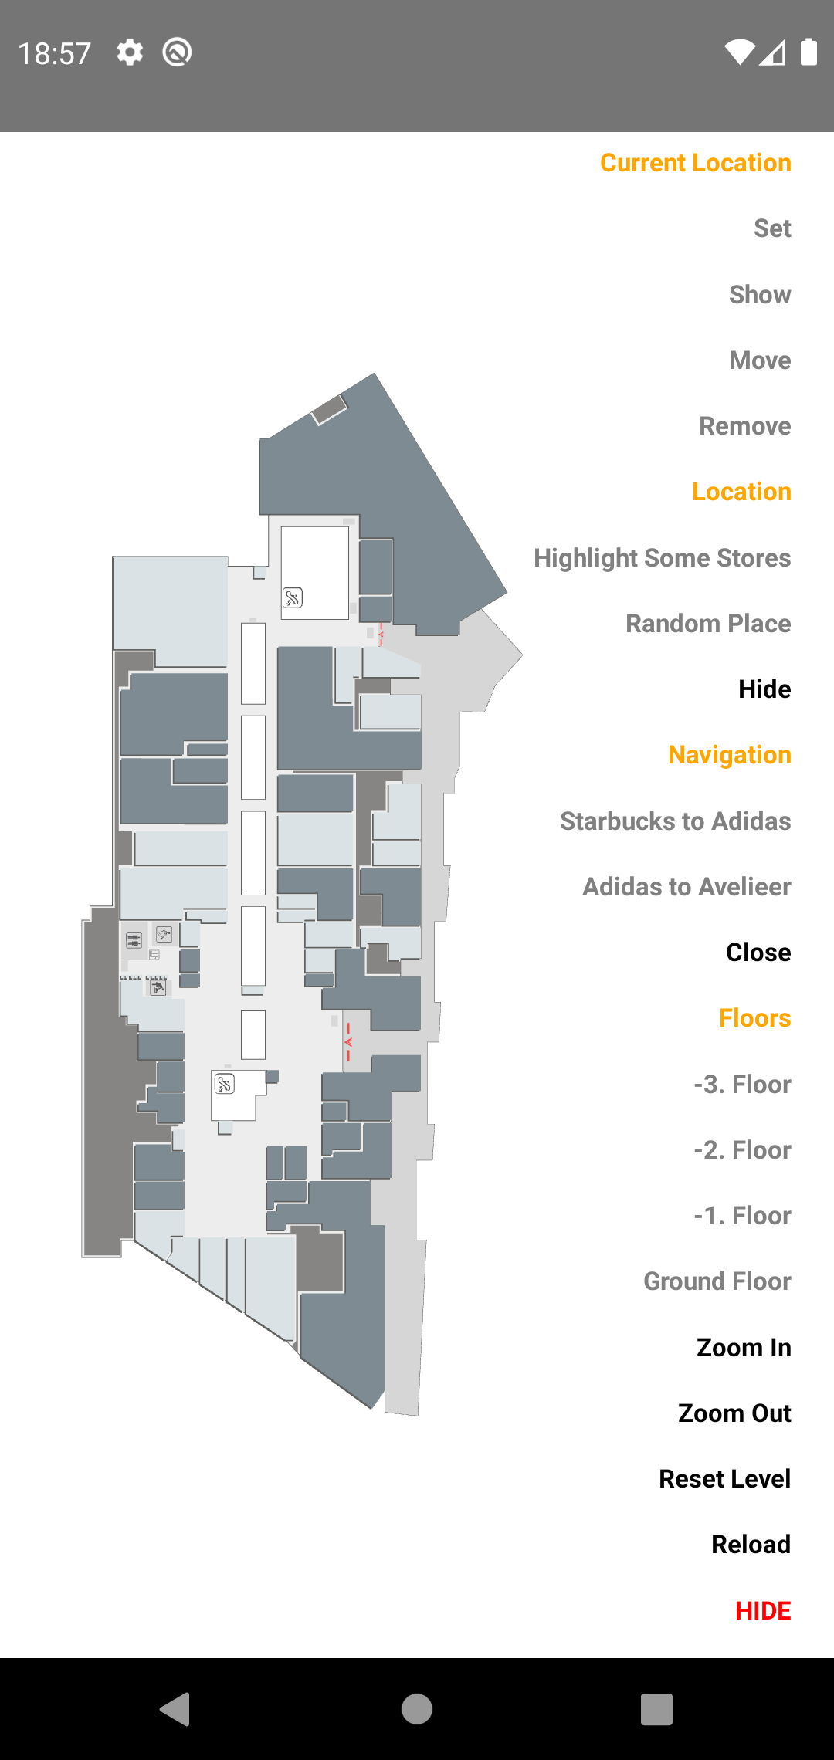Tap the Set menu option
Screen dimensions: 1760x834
point(772,228)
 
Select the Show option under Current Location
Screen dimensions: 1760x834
point(760,295)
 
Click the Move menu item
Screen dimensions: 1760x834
point(760,360)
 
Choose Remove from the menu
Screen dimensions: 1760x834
point(744,426)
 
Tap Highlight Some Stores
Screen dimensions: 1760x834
point(662,558)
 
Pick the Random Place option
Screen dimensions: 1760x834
point(707,624)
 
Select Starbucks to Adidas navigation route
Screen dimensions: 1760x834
point(675,821)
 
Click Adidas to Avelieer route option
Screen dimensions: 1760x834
point(687,887)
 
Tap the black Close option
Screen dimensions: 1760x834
point(758,953)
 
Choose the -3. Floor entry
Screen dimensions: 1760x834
point(742,1085)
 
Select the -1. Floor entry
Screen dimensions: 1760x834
point(742,1216)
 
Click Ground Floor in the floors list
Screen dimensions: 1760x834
point(717,1281)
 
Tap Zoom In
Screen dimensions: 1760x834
point(743,1348)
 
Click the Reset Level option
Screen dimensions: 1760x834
point(724,1479)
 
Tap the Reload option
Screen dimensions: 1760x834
point(751,1545)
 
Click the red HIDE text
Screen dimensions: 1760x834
point(762,1611)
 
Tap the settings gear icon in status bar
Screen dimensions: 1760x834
point(130,52)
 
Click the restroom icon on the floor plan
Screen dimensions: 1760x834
point(134,940)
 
